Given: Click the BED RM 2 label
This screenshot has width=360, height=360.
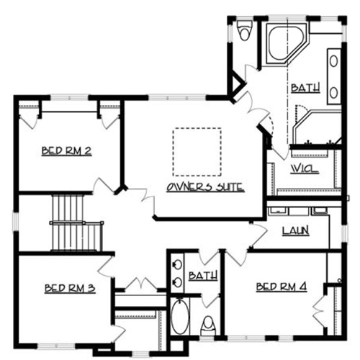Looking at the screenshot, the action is pos(66,151).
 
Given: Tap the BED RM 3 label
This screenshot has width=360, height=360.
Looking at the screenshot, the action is pos(70,288).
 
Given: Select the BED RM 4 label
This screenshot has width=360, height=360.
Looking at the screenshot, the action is pos(282,287).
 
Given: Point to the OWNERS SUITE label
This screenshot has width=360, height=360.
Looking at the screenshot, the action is pos(205,187).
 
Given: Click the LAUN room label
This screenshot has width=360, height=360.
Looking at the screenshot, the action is pos(295,230).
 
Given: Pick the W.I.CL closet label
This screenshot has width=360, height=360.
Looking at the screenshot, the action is pos(305,168).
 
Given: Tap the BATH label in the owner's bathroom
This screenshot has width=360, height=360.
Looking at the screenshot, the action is pos(305,88).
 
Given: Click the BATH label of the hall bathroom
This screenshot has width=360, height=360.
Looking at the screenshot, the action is pos(203,276).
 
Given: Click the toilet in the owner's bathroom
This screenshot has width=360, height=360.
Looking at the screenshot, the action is pos(244,30).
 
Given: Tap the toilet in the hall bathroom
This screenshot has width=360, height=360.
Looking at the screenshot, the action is pos(208,325).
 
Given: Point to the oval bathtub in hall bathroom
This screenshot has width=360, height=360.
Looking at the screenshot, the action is pos(180,316).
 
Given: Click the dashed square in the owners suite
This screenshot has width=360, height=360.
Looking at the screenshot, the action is pos(197,152).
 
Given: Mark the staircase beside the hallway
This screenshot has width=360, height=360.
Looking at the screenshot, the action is pos(76,222).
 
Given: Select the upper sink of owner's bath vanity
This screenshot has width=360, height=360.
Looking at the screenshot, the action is pos(333,61).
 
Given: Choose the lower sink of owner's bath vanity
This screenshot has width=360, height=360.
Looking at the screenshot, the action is pos(333,93).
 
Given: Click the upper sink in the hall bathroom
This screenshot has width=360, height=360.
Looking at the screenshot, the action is pos(177,265).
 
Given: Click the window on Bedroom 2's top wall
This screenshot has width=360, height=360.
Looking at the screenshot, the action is pos(69,98).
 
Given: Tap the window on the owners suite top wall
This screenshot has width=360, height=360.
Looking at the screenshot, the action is pos(177,98).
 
